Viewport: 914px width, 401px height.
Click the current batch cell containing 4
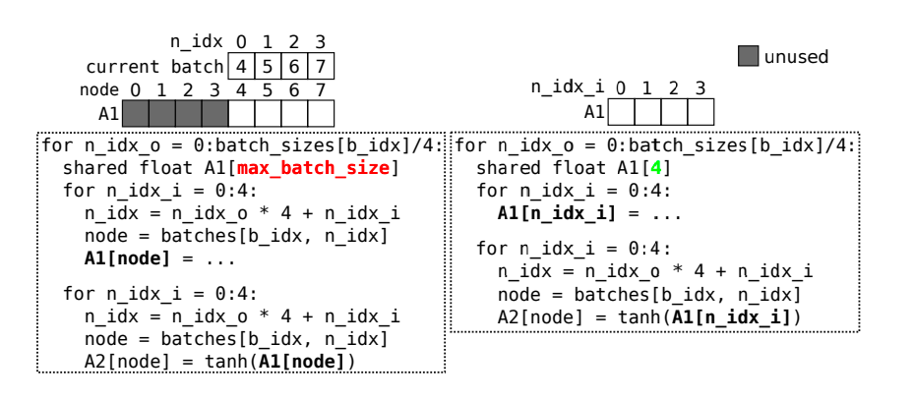(240, 67)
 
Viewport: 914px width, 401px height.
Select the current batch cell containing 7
(319, 67)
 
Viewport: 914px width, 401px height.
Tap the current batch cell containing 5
(267, 67)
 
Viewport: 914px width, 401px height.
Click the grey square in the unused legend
(749, 57)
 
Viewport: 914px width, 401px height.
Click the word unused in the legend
(797, 57)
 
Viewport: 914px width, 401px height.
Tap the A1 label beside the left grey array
(108, 112)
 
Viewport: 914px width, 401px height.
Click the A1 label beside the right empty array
(594, 111)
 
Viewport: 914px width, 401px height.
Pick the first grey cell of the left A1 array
(135, 112)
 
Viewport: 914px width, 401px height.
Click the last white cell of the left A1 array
(320, 112)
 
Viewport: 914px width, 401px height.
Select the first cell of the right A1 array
(621, 111)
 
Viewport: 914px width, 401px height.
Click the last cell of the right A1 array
(700, 111)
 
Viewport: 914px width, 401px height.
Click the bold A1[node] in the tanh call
(301, 361)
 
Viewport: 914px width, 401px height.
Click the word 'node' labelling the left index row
(97, 89)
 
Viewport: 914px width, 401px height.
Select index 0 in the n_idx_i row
(621, 87)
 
